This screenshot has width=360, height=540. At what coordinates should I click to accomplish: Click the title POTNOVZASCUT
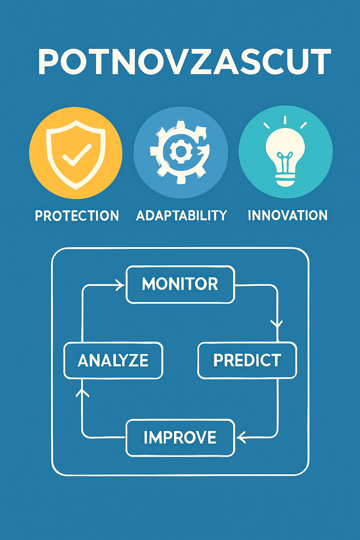(x=184, y=62)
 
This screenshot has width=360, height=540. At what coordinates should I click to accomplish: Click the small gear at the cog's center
(x=180, y=152)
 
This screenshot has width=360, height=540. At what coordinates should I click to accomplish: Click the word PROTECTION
(x=77, y=216)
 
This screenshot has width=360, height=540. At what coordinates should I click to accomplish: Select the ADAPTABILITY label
(x=181, y=216)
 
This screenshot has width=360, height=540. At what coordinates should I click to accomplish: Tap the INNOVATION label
(x=288, y=215)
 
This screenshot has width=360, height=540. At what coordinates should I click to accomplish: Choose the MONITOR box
(x=180, y=284)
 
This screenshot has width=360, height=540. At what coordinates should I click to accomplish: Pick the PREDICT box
(x=247, y=360)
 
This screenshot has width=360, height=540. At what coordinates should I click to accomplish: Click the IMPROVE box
(x=180, y=438)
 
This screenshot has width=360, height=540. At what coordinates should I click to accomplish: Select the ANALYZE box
(x=113, y=360)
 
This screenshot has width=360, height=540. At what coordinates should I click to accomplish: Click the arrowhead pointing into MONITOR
(x=121, y=285)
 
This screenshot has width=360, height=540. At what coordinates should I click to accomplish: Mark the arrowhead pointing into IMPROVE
(x=241, y=438)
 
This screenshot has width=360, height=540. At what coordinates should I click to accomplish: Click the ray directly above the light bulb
(x=285, y=120)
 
